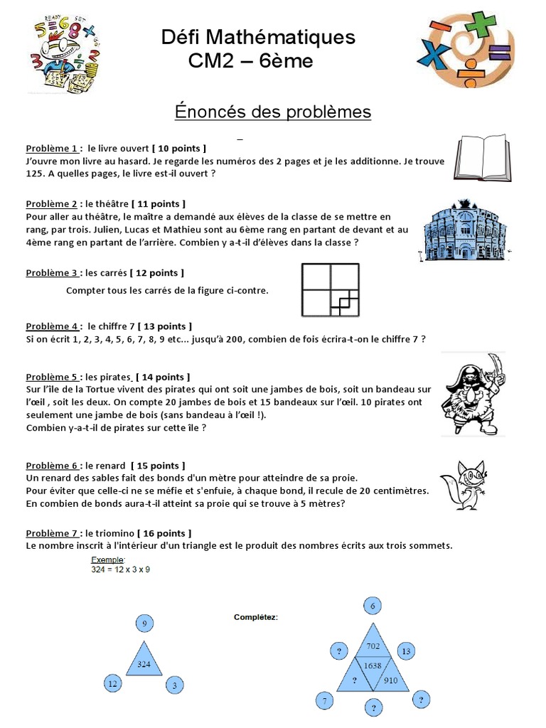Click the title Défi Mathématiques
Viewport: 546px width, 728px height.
pyautogui.click(x=257, y=36)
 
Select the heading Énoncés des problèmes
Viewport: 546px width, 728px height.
pyautogui.click(x=273, y=112)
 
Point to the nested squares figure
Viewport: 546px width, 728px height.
pyautogui.click(x=331, y=289)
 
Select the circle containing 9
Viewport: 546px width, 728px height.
pyautogui.click(x=145, y=624)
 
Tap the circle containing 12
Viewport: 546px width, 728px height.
pyautogui.click(x=112, y=684)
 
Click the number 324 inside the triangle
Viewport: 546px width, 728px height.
pyautogui.click(x=144, y=664)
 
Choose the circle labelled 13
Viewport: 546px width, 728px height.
pyautogui.click(x=405, y=651)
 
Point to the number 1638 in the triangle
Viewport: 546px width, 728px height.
pyautogui.click(x=373, y=665)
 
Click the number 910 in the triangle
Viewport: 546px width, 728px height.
pyautogui.click(x=390, y=680)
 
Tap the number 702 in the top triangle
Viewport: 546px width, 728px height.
pyautogui.click(x=373, y=646)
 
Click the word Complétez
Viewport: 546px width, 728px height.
pyautogui.click(x=256, y=617)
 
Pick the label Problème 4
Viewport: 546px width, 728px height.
pyautogui.click(x=52, y=326)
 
